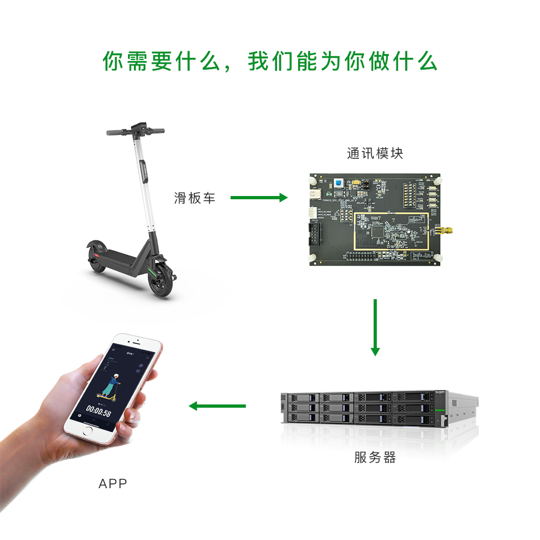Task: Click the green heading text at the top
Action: [x=270, y=62]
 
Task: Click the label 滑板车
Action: [x=194, y=198]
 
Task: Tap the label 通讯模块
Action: [x=375, y=153]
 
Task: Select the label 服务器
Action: [x=375, y=458]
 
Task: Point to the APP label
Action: [x=113, y=483]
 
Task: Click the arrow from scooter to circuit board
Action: [x=259, y=198]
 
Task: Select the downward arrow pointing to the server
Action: [x=375, y=327]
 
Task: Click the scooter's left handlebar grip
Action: [x=114, y=132]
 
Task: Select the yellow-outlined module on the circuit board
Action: [x=391, y=232]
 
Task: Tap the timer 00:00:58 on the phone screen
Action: [x=99, y=414]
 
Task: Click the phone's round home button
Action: [x=87, y=433]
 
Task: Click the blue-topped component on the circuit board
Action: [x=339, y=184]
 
